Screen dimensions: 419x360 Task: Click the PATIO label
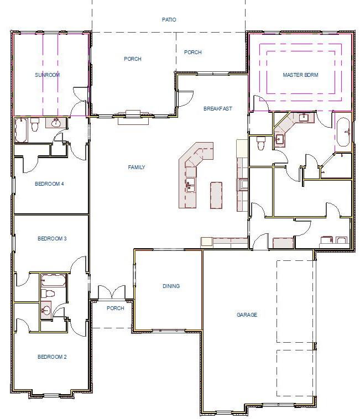[169, 19]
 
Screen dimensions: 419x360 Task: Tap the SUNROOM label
[47, 75]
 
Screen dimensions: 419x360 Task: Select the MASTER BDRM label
[300, 75]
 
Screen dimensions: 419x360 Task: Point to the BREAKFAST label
[218, 108]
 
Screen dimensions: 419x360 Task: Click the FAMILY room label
[136, 167]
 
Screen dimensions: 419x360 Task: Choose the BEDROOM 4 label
[50, 184]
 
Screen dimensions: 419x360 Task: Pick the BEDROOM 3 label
[52, 239]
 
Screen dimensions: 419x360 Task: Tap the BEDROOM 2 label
[52, 357]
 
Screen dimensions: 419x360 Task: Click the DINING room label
[171, 286]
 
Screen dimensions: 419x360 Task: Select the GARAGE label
[247, 315]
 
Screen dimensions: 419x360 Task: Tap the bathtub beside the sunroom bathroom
[23, 128]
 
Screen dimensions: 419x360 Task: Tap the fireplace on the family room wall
[134, 113]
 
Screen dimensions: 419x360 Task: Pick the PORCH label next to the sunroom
[133, 59]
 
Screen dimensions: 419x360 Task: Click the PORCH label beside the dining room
[115, 308]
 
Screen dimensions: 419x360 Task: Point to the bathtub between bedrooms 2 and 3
[53, 279]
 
